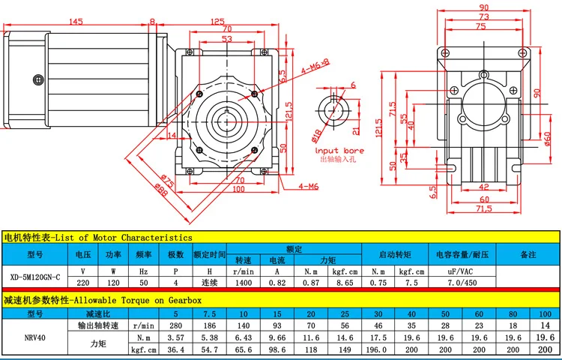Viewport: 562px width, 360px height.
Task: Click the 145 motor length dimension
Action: click(76, 21)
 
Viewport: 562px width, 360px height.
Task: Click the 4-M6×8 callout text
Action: click(315, 67)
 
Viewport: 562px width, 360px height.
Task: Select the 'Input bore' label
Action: click(339, 151)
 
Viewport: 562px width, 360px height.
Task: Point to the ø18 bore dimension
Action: click(316, 134)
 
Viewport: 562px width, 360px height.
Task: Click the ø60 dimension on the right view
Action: click(547, 139)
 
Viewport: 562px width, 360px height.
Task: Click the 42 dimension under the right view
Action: click(484, 187)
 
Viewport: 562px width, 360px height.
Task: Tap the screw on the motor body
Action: click(38, 79)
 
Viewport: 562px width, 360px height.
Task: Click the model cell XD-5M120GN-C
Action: click(35, 277)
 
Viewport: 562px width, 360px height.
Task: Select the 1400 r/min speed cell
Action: click(244, 283)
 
